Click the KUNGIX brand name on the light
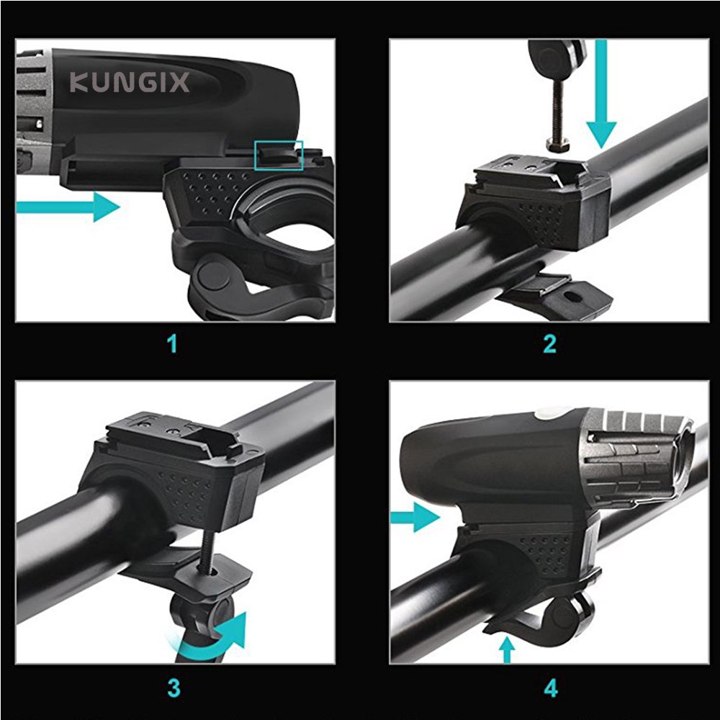130,83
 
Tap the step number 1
172,344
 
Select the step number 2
549,344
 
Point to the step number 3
174,688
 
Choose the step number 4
551,688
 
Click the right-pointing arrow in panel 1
68,207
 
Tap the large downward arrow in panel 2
601,94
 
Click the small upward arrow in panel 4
507,649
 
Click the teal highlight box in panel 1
279,156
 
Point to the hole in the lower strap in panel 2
572,297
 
